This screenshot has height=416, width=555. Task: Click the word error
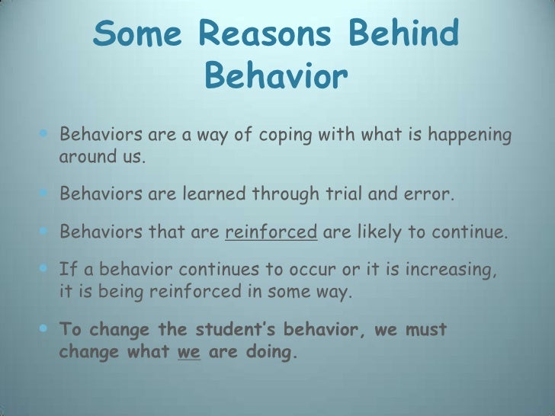click(x=430, y=194)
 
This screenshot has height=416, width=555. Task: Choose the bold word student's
click(x=242, y=330)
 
